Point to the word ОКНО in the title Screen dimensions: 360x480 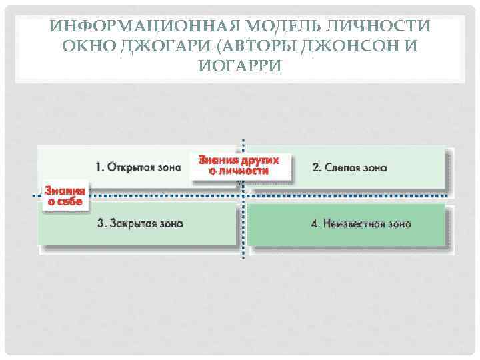[84, 47]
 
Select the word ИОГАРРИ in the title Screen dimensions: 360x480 [240, 66]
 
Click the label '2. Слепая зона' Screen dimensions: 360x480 [349, 167]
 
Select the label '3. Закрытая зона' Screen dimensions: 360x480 [140, 223]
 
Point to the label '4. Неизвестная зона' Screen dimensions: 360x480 [360, 224]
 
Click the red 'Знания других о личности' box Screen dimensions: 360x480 [240, 165]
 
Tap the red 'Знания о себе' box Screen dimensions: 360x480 [65, 195]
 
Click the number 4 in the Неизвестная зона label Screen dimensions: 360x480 [314, 224]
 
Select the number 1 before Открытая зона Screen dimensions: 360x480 [99, 167]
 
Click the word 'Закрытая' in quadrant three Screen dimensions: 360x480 [134, 223]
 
